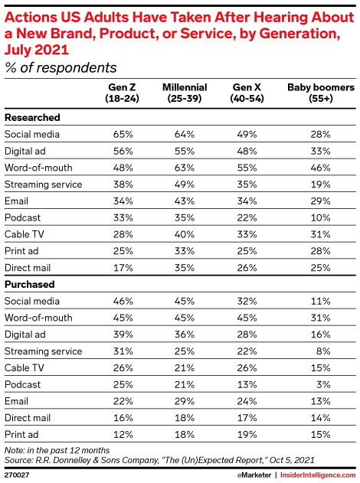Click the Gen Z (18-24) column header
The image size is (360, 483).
122,93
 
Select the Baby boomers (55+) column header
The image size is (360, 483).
320,93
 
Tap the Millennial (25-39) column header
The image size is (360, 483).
185,93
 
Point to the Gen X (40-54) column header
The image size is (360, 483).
247,93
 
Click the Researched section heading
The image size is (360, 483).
32,118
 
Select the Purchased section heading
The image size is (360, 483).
30,284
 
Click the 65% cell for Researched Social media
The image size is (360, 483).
123,134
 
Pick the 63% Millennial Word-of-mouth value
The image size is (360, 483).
185,168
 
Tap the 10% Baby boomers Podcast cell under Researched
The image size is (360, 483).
320,218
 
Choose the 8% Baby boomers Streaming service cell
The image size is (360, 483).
323,351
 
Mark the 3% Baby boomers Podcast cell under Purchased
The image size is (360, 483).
323,384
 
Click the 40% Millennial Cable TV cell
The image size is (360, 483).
185,234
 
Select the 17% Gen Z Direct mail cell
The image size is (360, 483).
123,268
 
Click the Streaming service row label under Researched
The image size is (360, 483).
44,184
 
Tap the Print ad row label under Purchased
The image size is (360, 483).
21,435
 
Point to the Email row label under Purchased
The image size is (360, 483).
16,401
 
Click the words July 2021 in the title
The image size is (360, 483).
37,50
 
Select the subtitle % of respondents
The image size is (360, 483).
61,68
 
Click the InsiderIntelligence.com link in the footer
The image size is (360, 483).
318,475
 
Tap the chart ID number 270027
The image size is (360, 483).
17,475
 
